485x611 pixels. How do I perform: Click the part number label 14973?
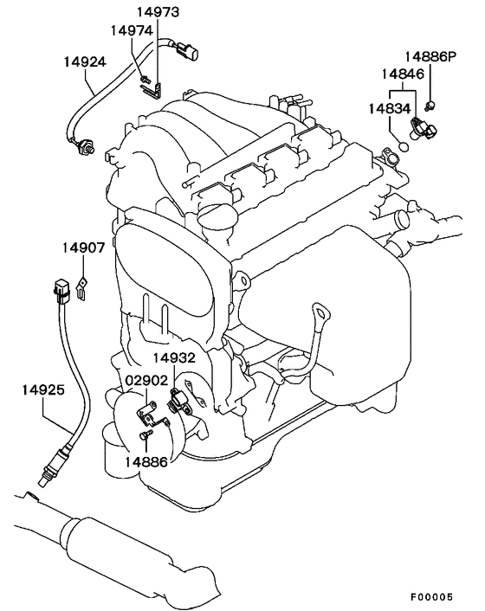coord(158,12)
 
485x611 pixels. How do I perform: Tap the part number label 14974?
coord(133,30)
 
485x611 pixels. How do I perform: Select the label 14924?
coord(85,62)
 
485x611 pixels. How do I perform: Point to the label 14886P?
coord(430,57)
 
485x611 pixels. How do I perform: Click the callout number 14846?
coord(403,74)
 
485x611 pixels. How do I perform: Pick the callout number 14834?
coord(390,109)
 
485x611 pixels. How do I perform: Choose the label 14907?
coord(84,248)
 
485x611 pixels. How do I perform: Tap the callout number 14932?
coord(174,357)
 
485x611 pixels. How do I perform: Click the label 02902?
coord(146,380)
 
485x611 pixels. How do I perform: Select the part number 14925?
coord(43,389)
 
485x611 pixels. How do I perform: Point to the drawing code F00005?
coord(431,597)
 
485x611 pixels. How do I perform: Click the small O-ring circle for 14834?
coord(404,147)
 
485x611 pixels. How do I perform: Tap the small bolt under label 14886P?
coord(430,105)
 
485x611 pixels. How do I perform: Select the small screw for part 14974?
coord(145,79)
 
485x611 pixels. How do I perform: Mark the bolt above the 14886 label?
coord(145,435)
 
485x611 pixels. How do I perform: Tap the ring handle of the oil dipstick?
coord(320,311)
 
